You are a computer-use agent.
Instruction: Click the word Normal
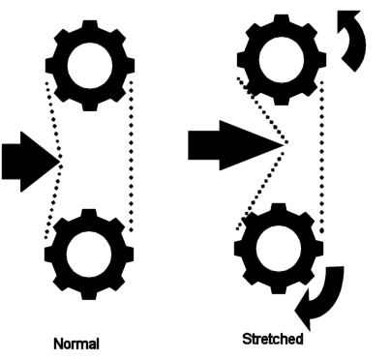76,344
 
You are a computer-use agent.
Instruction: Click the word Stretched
273,339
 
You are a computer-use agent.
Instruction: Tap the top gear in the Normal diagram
90,66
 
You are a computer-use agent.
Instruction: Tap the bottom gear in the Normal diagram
89,255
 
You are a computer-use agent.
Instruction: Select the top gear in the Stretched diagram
282,60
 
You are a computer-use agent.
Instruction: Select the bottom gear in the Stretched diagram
279,249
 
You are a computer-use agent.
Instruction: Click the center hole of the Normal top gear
90,66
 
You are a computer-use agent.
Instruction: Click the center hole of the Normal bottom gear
89,255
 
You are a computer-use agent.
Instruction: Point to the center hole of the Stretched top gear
282,60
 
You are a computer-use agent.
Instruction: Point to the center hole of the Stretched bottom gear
279,249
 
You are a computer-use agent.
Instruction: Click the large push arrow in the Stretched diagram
235,145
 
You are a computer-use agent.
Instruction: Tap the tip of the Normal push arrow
60,162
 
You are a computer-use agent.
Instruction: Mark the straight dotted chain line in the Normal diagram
131,157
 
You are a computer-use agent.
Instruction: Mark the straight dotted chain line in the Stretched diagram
321,157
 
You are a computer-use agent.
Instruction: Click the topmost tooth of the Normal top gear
90,26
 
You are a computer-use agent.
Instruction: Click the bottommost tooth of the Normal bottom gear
89,294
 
